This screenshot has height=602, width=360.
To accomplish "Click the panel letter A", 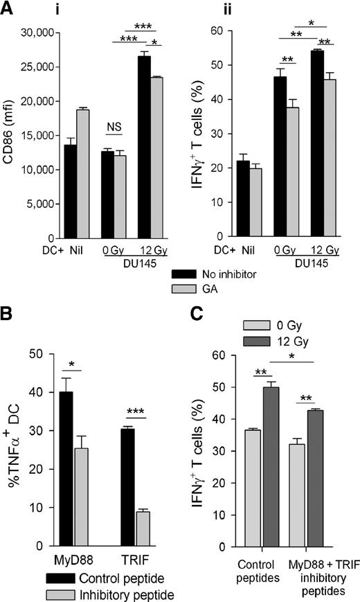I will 10,10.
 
